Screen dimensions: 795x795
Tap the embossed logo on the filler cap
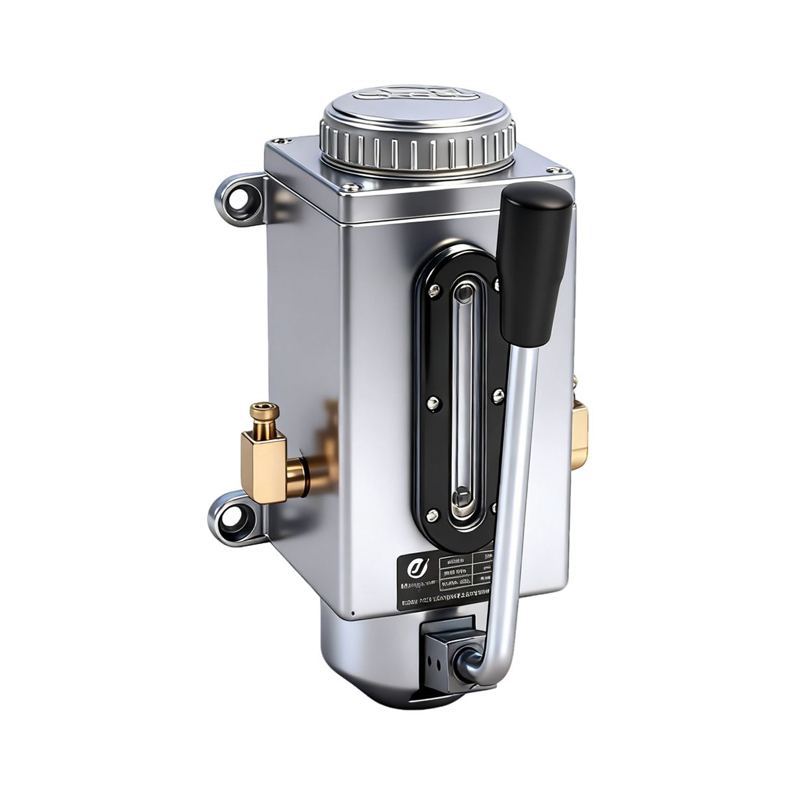click(418, 93)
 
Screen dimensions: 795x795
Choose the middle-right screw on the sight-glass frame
click(498, 396)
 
